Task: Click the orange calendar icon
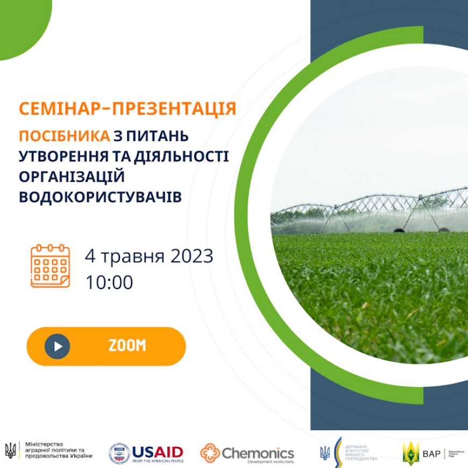pyautogui.click(x=50, y=266)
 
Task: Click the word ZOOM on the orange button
pyautogui.click(x=127, y=346)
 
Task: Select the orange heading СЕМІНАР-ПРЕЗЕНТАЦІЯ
pyautogui.click(x=127, y=109)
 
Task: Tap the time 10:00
pyautogui.click(x=109, y=282)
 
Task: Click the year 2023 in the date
pyautogui.click(x=192, y=256)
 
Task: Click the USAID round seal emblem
pyautogui.click(x=119, y=453)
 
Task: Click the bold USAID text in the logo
pyautogui.click(x=158, y=451)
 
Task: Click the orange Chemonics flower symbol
pyautogui.click(x=210, y=453)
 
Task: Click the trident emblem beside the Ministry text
pyautogui.click(x=10, y=450)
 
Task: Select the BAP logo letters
pyautogui.click(x=431, y=453)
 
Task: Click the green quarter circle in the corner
pyautogui.click(x=22, y=24)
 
